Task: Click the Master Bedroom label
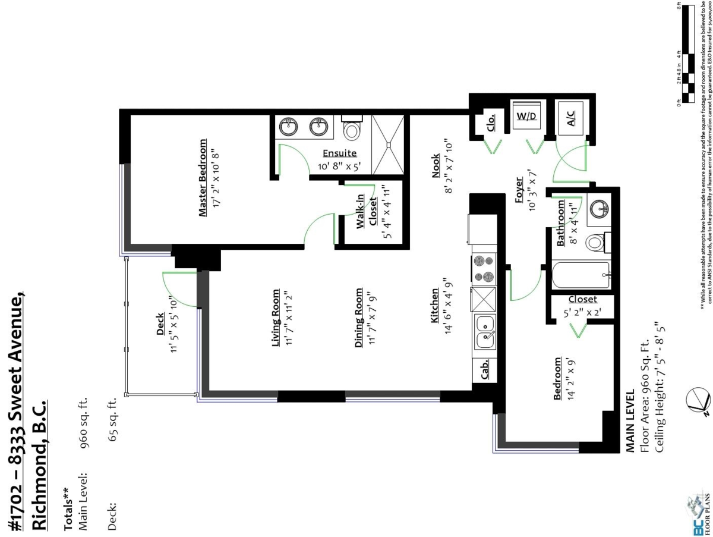203,177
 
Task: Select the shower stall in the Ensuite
388,145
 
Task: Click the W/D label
526,116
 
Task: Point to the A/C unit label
571,118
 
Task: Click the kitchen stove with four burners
484,269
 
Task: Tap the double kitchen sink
485,332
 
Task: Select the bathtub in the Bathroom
581,275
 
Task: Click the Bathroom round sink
599,207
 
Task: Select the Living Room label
276,318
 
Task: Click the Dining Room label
358,318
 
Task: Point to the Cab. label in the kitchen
485,369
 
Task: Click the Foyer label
519,190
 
